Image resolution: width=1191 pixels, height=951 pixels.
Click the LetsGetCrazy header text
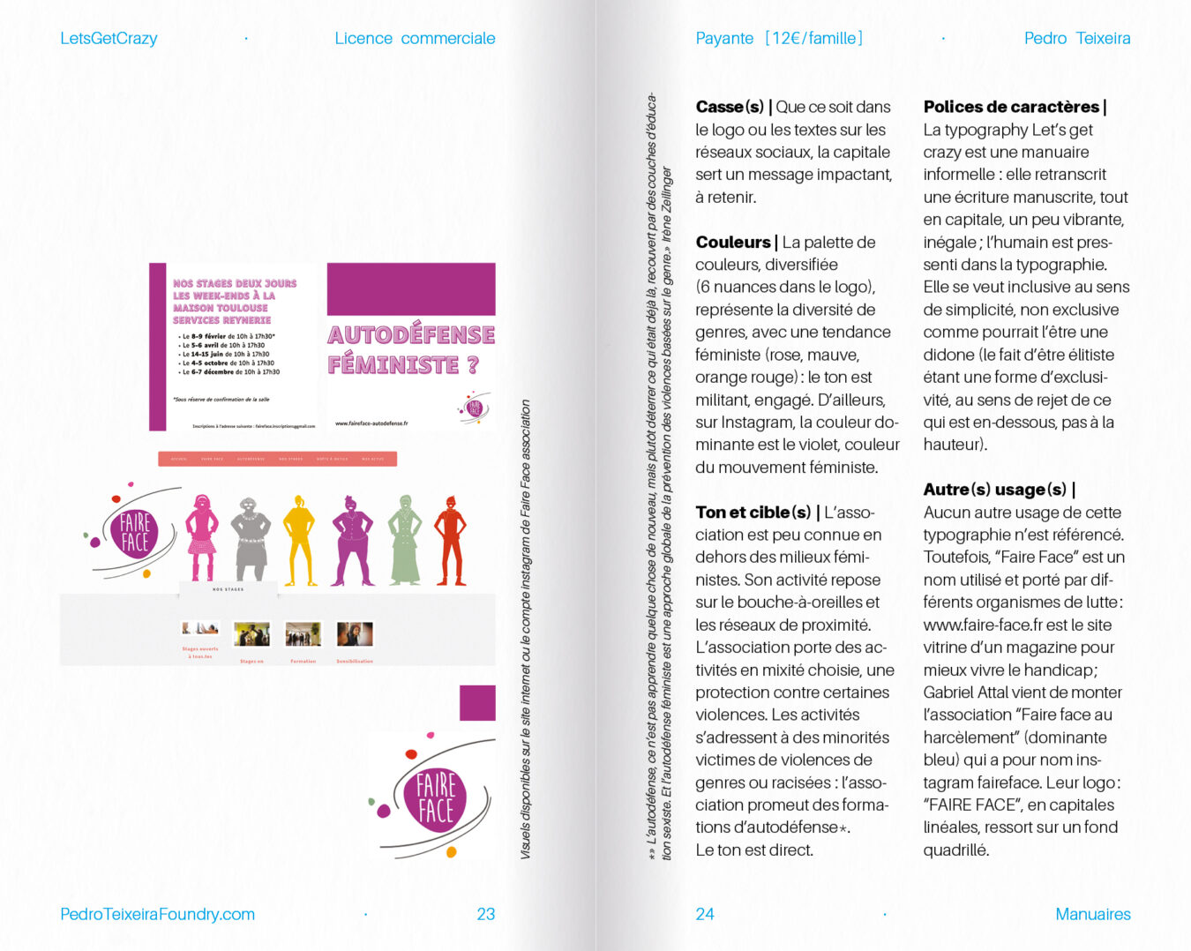click(109, 38)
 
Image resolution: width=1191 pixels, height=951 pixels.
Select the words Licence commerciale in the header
click(415, 38)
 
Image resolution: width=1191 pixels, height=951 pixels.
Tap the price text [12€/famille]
click(813, 38)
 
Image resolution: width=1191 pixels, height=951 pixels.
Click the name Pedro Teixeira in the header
click(1076, 38)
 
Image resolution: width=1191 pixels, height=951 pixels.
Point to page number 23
click(485, 914)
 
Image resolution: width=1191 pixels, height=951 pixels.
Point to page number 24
click(704, 914)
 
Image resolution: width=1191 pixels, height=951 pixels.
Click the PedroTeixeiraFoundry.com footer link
click(157, 914)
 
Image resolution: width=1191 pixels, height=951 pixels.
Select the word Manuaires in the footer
click(1092, 914)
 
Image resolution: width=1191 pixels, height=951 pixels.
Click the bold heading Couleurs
click(732, 242)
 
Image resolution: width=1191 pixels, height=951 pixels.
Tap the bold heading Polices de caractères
click(1011, 107)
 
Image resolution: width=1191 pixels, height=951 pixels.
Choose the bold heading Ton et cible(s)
click(753, 512)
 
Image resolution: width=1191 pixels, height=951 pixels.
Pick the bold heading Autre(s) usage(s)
click(994, 489)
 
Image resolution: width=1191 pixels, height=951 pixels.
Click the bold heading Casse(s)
click(730, 107)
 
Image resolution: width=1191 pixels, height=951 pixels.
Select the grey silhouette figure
click(251, 538)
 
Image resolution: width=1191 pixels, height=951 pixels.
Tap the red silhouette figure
click(451, 540)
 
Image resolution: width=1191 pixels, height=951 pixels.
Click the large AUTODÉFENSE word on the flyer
click(411, 335)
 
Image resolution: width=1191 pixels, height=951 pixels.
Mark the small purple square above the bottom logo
click(477, 703)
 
